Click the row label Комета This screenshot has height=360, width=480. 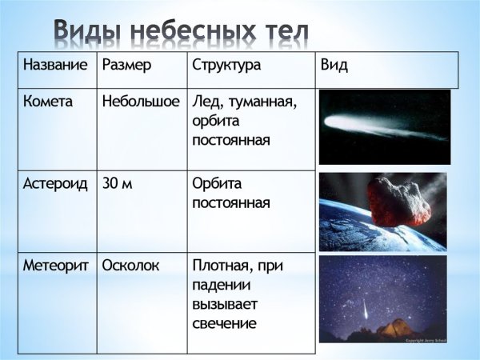click(x=47, y=102)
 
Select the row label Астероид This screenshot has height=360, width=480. click(x=53, y=183)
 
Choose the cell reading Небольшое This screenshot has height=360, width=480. click(x=141, y=102)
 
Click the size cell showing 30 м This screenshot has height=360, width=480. click(x=118, y=183)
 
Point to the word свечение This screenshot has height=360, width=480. click(x=224, y=323)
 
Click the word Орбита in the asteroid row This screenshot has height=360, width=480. click(x=217, y=183)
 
